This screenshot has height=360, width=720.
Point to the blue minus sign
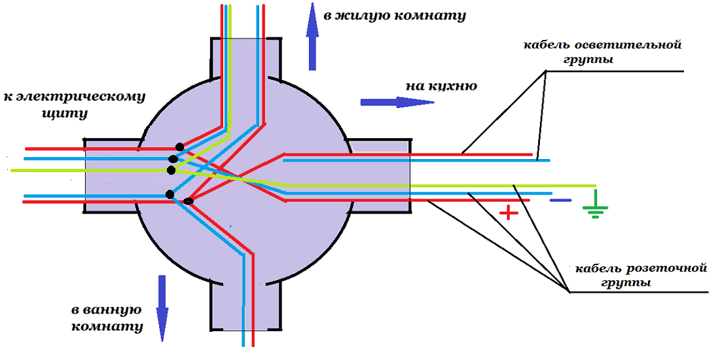coord(560,200)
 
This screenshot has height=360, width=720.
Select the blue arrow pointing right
coord(397,102)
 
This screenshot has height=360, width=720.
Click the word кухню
coord(453,86)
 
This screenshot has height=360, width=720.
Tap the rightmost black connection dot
coord(189,201)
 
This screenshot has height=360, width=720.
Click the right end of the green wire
coord(594,185)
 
